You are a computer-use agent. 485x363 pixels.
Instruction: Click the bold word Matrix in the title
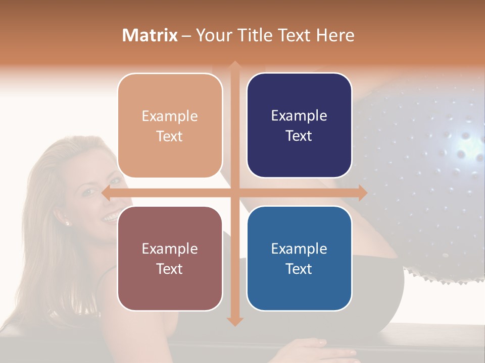tap(150, 35)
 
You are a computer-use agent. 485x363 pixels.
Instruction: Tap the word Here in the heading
tap(335, 35)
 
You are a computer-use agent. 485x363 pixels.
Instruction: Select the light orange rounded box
tap(170, 126)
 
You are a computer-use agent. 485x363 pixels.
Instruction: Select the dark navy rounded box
tap(299, 126)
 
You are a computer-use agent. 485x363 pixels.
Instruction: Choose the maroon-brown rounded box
tap(170, 258)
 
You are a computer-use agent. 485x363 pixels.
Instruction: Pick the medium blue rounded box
tap(299, 258)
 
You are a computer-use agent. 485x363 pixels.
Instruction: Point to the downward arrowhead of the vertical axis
tap(234, 321)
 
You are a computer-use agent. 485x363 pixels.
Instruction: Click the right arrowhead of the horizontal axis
tap(362, 193)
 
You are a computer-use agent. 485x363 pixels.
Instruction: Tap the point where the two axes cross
tap(234, 193)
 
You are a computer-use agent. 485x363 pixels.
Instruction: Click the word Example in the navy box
tap(299, 116)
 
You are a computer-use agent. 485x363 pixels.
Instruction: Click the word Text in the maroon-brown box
tap(170, 269)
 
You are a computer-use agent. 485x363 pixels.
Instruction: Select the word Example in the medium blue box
tap(299, 249)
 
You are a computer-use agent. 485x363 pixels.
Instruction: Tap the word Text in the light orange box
tap(170, 136)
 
